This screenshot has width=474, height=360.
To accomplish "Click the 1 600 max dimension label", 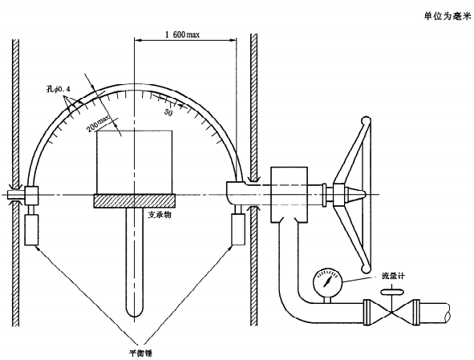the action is tap(182, 34).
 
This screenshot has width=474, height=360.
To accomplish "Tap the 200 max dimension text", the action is tap(99, 123).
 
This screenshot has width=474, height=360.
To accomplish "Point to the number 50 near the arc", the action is tap(168, 112).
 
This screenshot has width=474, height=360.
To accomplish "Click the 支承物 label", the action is tap(160, 215).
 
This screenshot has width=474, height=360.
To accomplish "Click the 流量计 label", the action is tap(393, 276).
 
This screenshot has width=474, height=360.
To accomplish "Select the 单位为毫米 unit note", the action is tap(448, 16).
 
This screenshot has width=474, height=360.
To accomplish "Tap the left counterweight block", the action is tap(31, 230).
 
